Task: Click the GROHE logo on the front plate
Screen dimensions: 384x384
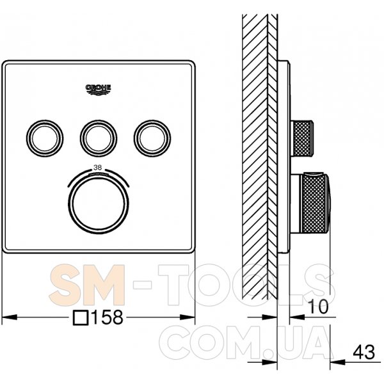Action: [x=98, y=90]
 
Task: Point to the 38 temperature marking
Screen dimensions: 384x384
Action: [x=97, y=168]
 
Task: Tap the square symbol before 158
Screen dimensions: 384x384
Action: [x=81, y=317]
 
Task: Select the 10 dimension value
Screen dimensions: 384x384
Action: [x=317, y=307]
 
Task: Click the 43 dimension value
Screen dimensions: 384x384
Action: [x=364, y=352]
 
